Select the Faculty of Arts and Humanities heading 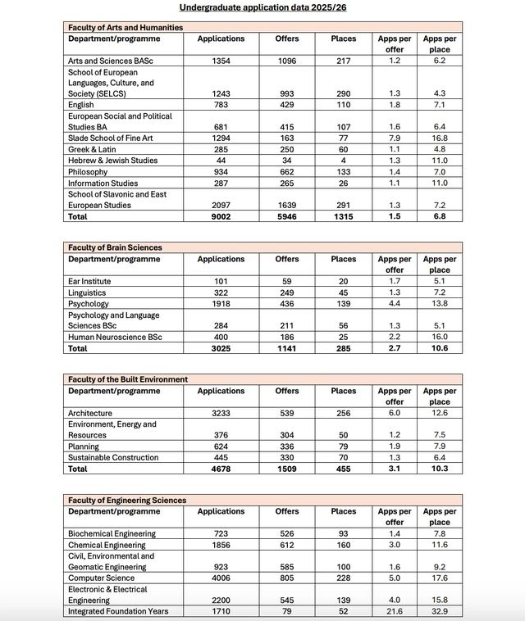126,27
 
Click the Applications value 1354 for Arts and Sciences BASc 221,61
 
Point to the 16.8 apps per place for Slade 440,138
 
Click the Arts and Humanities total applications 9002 221,217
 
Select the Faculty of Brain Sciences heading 115,247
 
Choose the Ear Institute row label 90,282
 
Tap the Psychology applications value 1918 221,304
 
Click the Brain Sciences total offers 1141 287,349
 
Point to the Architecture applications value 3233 221,414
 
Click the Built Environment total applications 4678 221,469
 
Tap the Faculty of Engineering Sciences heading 127,500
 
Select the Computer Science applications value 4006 221,578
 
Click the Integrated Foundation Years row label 118,612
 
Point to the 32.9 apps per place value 440,612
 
